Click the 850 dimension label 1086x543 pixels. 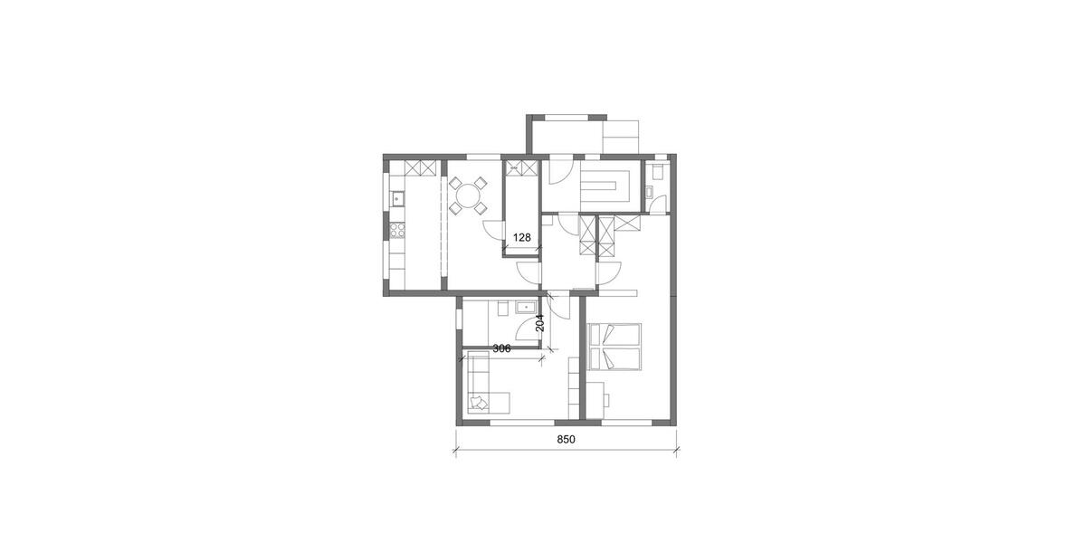[566, 440]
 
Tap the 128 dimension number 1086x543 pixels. [521, 238]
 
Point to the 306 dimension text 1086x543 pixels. [501, 348]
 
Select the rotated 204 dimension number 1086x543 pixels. [540, 323]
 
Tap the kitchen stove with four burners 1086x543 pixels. [396, 230]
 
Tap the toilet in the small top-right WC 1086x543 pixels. [657, 168]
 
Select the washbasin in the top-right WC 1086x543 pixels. [650, 190]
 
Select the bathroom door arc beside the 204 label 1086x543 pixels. [559, 308]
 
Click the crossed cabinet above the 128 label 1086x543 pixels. [519, 168]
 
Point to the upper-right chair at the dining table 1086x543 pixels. [482, 181]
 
